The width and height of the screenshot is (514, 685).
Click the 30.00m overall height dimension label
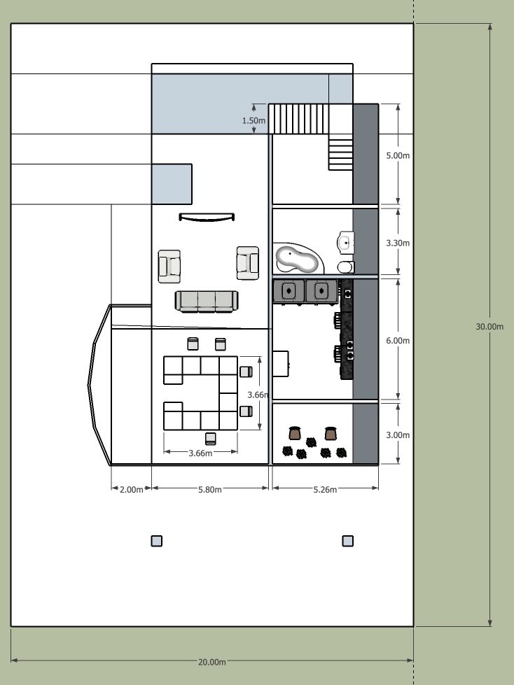point(489,326)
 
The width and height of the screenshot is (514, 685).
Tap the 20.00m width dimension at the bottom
point(212,661)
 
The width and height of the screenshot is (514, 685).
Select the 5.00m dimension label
point(398,155)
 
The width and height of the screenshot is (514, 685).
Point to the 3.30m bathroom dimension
point(398,243)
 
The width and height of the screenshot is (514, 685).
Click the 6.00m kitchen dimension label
point(398,340)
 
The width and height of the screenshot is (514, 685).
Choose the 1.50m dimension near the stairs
point(253,120)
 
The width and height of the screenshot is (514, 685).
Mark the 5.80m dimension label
point(210,489)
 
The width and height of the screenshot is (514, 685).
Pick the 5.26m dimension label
point(325,489)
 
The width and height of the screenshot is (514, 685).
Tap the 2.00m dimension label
point(131,489)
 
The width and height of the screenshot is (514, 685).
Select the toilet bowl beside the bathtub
point(345,267)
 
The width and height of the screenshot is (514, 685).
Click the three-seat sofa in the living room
point(207,301)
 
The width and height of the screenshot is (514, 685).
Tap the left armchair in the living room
point(169,266)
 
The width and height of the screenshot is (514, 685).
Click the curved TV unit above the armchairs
point(207,218)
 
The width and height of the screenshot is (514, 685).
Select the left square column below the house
point(157,540)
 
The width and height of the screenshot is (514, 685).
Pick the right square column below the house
point(347,540)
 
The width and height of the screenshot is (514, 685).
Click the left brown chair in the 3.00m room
point(295,433)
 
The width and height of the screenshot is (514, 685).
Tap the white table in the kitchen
point(280,363)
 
